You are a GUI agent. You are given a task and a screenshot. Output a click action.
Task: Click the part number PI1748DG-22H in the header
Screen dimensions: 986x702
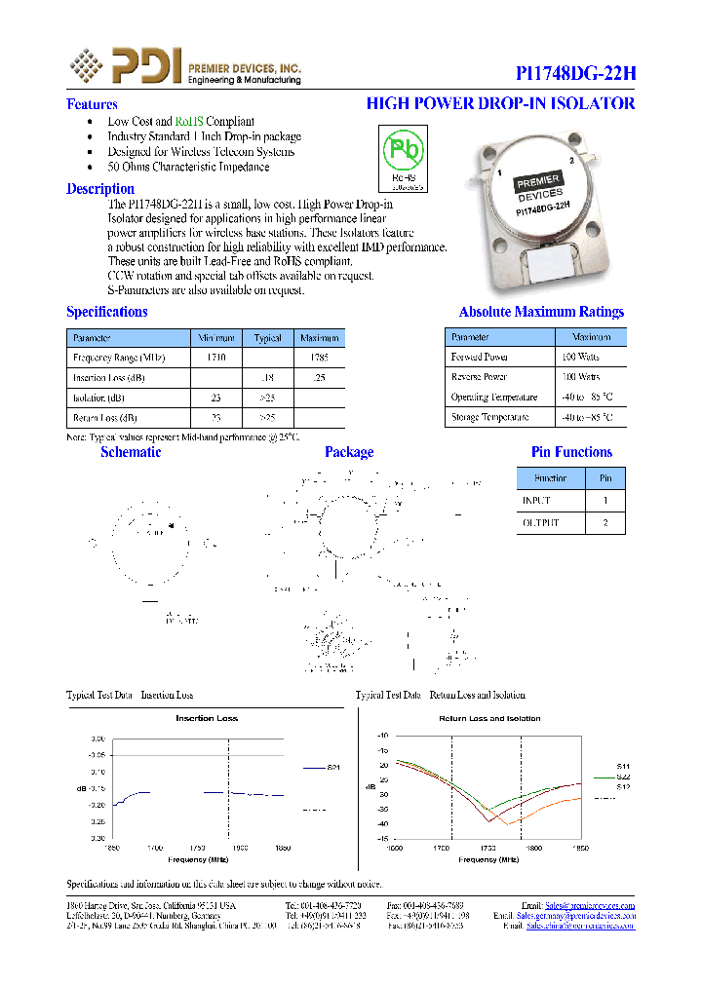pos(575,74)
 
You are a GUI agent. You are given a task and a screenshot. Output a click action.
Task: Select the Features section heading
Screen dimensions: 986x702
pos(92,104)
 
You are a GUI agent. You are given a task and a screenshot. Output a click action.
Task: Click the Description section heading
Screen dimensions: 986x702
pos(100,189)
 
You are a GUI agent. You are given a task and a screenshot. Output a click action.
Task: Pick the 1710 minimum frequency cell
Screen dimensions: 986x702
pos(216,358)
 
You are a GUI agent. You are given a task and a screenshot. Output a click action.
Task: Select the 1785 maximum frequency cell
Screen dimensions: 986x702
pos(319,358)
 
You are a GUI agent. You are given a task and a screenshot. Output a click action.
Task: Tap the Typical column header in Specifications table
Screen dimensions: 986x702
pos(268,338)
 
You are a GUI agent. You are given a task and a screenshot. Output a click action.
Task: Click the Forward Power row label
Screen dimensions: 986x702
pos(480,357)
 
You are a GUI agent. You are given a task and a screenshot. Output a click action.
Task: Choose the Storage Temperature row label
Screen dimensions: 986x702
pos(489,417)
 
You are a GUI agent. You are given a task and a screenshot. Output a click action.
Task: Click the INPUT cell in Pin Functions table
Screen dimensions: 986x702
pos(537,500)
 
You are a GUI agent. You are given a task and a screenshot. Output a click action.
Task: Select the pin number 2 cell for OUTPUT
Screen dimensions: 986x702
pos(604,522)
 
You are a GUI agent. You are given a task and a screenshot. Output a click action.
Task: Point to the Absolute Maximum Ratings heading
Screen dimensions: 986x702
pos(541,312)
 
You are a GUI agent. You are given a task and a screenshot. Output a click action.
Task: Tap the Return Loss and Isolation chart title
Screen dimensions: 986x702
pos(489,718)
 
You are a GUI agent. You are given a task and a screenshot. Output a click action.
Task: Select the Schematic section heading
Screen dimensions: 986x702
pos(131,452)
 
